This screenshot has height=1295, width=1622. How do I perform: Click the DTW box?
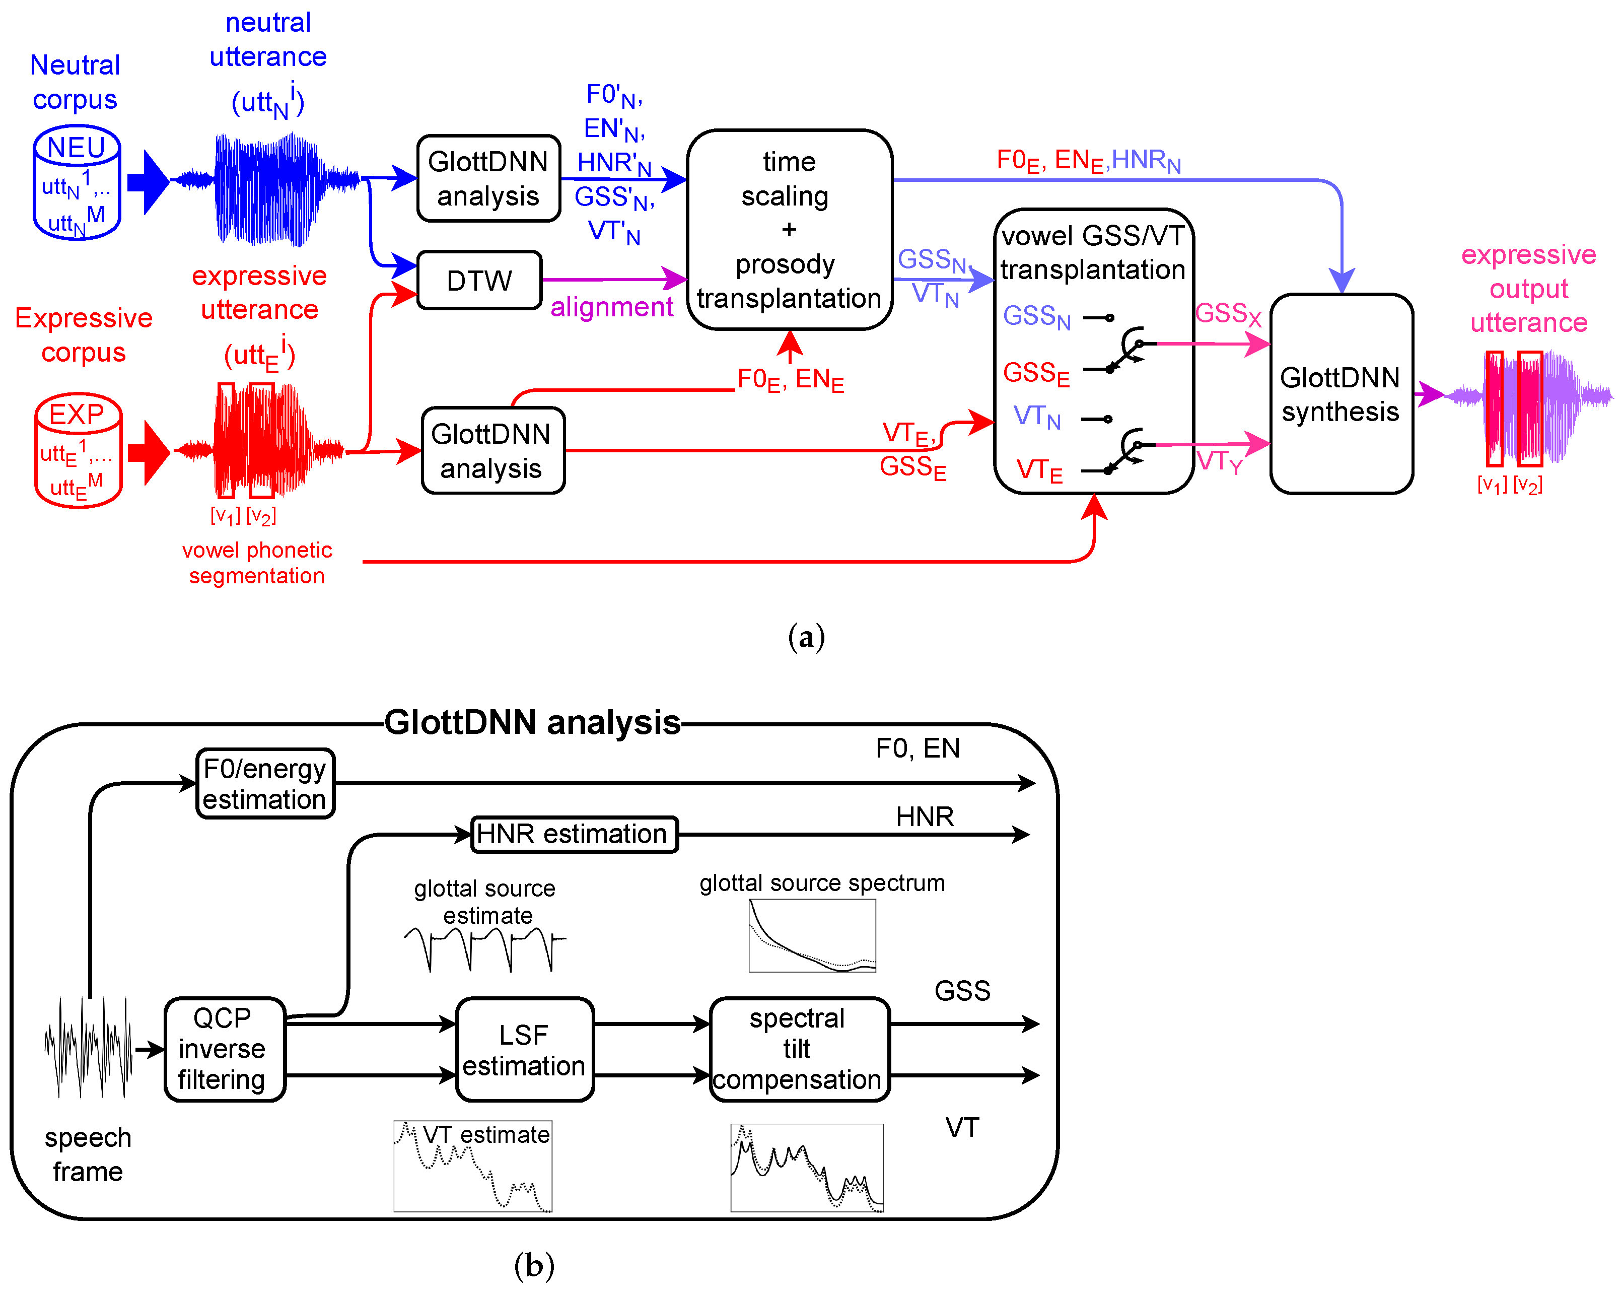pyautogui.click(x=479, y=280)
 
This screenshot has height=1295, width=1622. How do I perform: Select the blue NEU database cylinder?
pyautogui.click(x=77, y=183)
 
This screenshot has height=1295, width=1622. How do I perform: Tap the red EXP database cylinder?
pyautogui.click(x=78, y=450)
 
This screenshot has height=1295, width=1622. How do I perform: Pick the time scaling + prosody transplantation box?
pyautogui.click(x=789, y=230)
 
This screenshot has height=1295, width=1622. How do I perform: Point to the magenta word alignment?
pyautogui.click(x=612, y=307)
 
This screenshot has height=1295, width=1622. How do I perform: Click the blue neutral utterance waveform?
pyautogui.click(x=267, y=188)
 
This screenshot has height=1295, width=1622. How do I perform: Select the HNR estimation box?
pyautogui.click(x=573, y=834)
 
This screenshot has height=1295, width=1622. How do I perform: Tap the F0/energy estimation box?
pyautogui.click(x=265, y=783)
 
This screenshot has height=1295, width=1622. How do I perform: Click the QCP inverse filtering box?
pyautogui.click(x=224, y=1049)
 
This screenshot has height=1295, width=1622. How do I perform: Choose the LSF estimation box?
pyautogui.click(x=524, y=1049)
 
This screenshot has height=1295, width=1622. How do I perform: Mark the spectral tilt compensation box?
pyautogui.click(x=798, y=1049)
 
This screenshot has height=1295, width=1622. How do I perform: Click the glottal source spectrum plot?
pyautogui.click(x=812, y=935)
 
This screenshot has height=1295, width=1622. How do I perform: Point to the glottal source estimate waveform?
pyautogui.click(x=484, y=948)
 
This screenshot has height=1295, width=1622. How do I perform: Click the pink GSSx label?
pyautogui.click(x=1227, y=314)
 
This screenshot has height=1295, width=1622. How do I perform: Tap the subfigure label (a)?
pyautogui.click(x=806, y=637)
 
